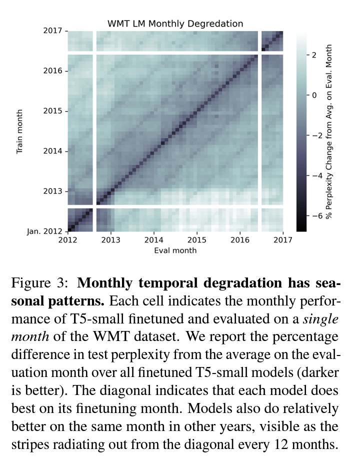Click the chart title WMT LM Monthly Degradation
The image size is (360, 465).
175,23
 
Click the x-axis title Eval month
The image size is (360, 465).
175,250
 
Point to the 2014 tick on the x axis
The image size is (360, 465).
154,240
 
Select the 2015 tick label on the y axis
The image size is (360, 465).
52,111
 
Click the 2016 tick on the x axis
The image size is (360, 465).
240,240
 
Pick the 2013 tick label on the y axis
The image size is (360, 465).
52,191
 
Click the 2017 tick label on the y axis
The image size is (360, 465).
52,31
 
